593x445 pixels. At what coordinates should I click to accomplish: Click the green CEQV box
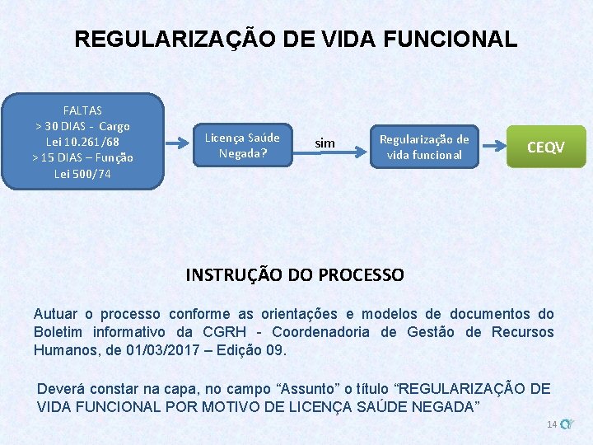pyautogui.click(x=545, y=147)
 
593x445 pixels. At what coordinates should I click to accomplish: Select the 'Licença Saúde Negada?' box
pyautogui.click(x=242, y=145)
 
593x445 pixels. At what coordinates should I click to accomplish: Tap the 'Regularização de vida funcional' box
pyautogui.click(x=424, y=147)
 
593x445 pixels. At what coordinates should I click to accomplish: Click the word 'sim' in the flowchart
pyautogui.click(x=325, y=144)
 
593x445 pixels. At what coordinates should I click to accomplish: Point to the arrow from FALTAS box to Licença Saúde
pyautogui.click(x=178, y=143)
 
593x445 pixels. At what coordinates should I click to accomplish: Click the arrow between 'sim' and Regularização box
pyautogui.click(x=357, y=146)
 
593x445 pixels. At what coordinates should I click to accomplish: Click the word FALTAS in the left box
pyautogui.click(x=82, y=110)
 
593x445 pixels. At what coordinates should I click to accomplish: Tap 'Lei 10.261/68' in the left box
pyautogui.click(x=82, y=142)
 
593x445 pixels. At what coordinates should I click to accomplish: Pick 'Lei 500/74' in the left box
pyautogui.click(x=82, y=174)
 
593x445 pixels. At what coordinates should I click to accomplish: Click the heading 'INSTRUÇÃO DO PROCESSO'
pyautogui.click(x=295, y=274)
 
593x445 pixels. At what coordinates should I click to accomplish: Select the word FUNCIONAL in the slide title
pyautogui.click(x=448, y=39)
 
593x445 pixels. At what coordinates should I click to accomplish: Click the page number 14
pyautogui.click(x=551, y=424)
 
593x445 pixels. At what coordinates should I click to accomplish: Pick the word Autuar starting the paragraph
pyautogui.click(x=54, y=314)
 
